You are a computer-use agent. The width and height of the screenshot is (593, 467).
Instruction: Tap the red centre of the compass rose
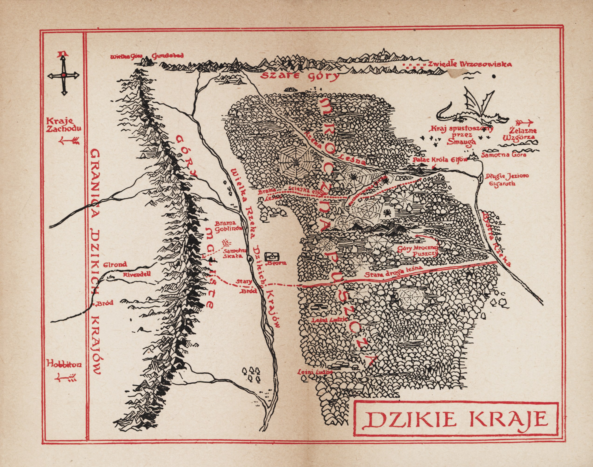[63, 75]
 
